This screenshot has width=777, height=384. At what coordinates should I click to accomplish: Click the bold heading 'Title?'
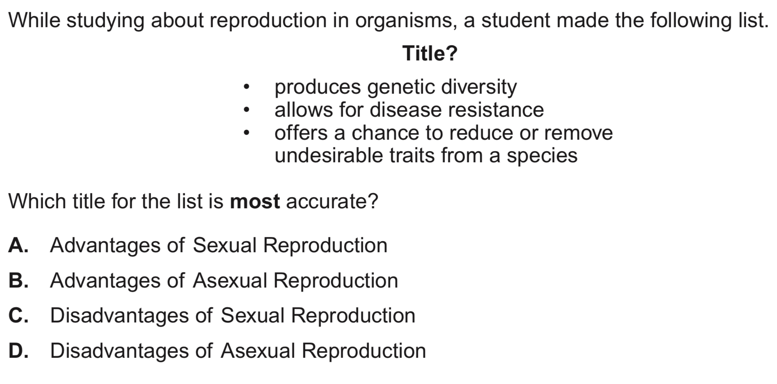pos(430,53)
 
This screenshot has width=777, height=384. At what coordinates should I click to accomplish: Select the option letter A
pos(18,246)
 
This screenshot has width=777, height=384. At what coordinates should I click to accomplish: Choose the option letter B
pos(18,281)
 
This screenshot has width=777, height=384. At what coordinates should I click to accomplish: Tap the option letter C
pos(18,316)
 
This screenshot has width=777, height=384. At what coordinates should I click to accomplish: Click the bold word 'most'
pos(255,202)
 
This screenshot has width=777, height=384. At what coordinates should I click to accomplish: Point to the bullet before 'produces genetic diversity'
pos(246,87)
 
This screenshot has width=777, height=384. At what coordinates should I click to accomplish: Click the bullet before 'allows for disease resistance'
pos(246,110)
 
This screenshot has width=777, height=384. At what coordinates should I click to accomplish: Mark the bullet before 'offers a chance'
pos(246,133)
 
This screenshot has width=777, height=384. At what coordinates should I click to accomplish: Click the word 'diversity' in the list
pos(479,87)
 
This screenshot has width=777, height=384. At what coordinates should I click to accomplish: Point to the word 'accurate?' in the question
pos(332,202)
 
